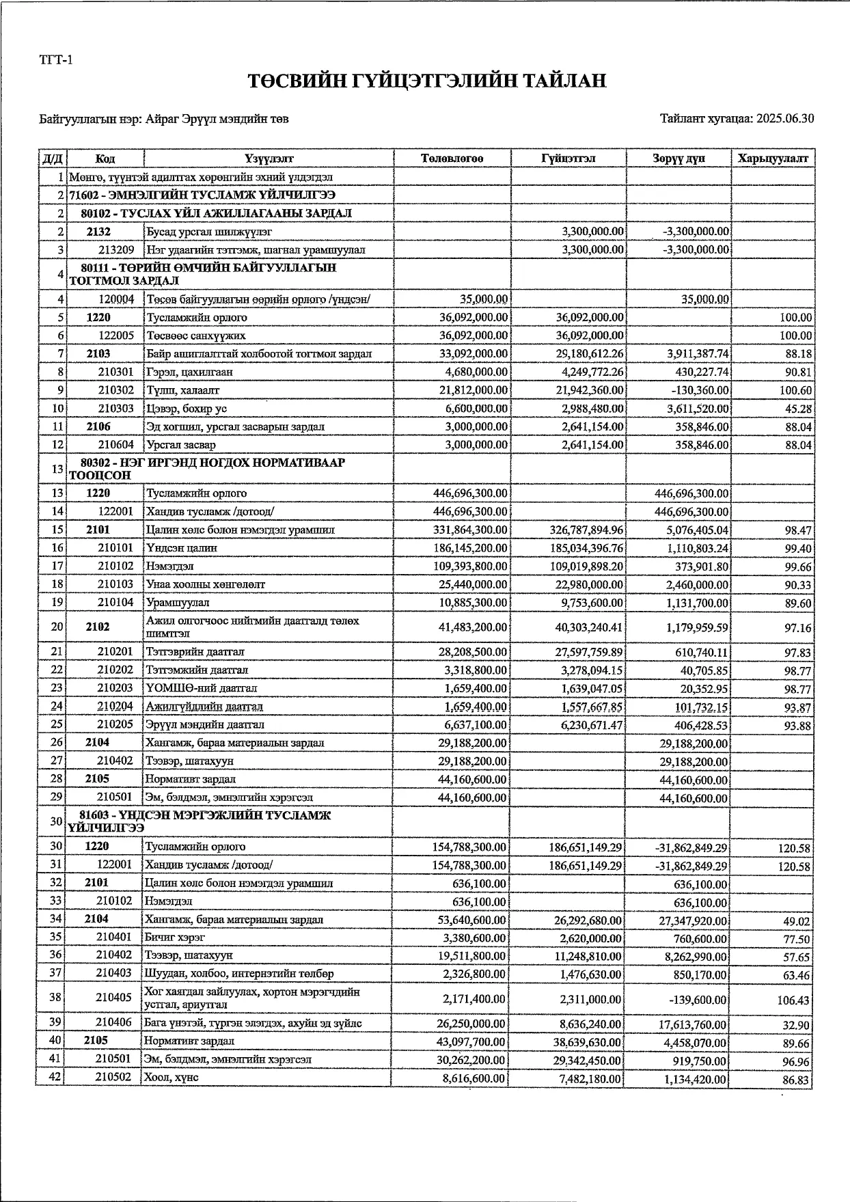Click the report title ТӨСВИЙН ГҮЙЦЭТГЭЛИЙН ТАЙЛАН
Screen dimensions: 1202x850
coord(427,81)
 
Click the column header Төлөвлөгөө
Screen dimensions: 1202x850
coord(452,159)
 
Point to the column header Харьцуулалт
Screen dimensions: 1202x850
coord(772,159)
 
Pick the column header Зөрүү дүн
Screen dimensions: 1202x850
coord(678,159)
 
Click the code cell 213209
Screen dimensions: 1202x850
coord(116,250)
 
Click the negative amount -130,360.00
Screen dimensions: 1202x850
coord(696,390)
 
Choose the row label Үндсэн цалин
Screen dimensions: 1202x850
coord(172,548)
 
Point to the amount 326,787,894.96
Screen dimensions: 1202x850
coord(586,530)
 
